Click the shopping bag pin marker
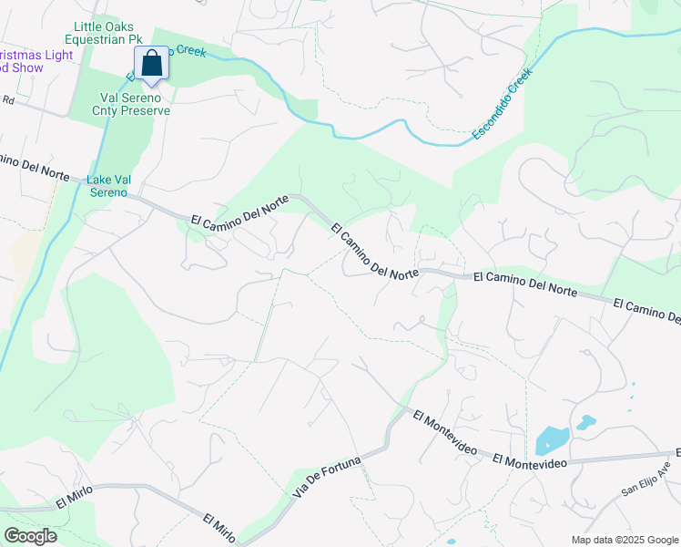152,65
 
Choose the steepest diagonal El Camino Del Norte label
374,252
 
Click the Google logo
30,536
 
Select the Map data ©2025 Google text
625,540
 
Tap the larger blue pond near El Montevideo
552,442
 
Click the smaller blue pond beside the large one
585,423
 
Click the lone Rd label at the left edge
9,99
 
